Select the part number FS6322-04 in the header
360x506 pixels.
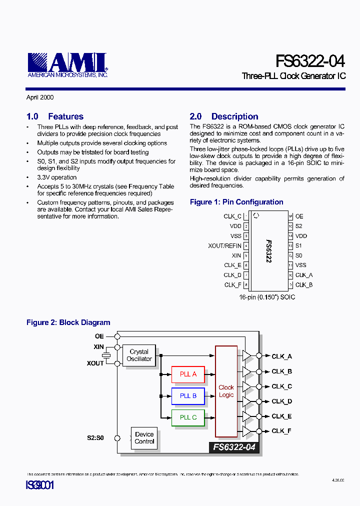click(310, 61)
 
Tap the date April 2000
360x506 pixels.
click(40, 97)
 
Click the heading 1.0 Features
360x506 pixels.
click(55, 116)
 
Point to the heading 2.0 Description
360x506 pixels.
click(224, 116)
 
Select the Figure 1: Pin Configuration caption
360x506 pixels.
click(236, 202)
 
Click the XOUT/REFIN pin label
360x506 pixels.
click(224, 245)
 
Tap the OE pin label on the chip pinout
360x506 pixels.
click(299, 216)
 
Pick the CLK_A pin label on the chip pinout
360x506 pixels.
click(304, 275)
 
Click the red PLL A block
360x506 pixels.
click(188, 374)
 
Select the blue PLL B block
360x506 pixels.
click(188, 395)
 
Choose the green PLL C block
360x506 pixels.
click(188, 417)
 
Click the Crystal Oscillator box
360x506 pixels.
click(139, 355)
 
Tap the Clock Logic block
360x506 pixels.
click(226, 391)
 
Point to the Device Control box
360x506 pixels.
click(144, 438)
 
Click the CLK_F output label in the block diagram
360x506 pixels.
click(281, 431)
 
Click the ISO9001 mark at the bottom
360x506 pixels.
click(39, 485)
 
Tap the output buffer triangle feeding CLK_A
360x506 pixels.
click(246, 355)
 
